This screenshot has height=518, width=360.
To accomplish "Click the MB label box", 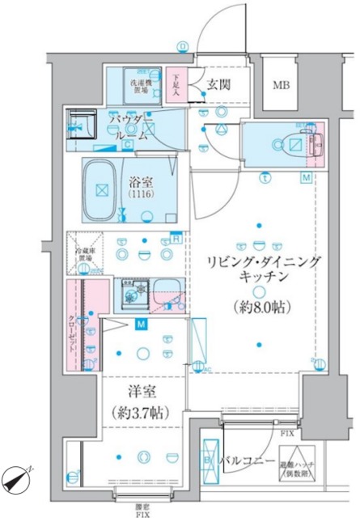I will (x=282, y=85).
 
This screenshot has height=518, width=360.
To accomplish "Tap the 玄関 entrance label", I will (x=217, y=84).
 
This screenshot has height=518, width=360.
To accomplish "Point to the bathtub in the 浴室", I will (x=103, y=190).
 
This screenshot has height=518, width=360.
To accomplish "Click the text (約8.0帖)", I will (x=259, y=308).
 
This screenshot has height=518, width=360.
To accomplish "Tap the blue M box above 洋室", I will (x=141, y=325).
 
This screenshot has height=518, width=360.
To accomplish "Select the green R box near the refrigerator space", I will (x=176, y=238).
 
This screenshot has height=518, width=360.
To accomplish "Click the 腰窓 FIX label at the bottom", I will (x=142, y=510).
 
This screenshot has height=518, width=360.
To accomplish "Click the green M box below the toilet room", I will (x=307, y=177).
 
